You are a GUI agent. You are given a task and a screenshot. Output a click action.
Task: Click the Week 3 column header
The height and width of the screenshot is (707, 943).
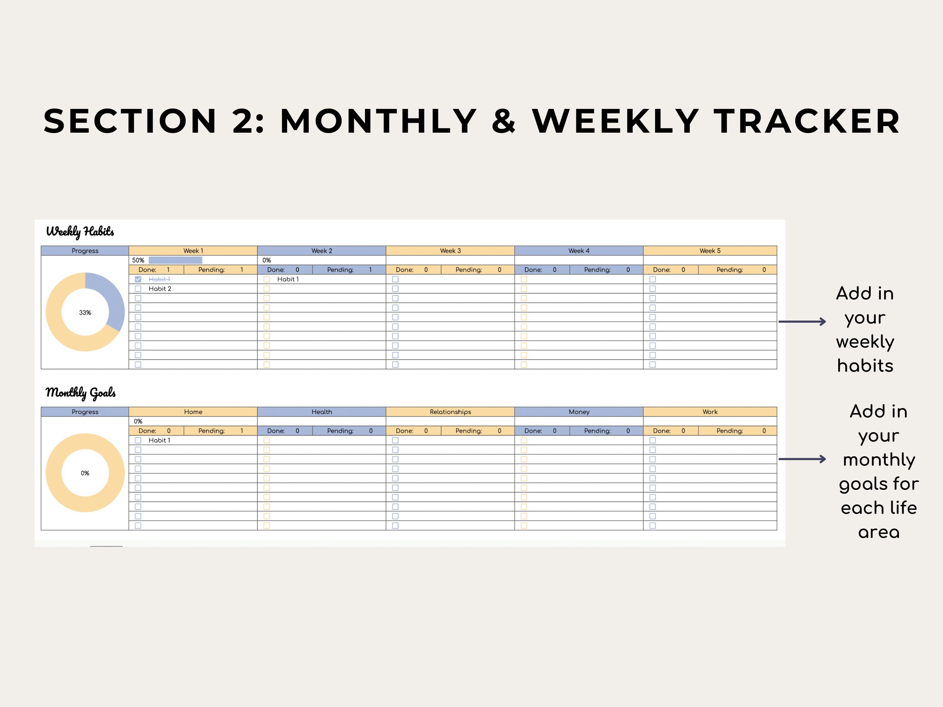(450, 251)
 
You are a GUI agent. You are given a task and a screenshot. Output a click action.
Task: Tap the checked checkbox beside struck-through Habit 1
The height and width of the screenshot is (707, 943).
(138, 279)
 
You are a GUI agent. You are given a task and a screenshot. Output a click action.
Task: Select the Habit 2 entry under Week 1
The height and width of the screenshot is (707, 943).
(160, 288)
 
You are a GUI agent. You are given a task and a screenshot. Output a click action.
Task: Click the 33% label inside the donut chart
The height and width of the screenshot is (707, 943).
(85, 312)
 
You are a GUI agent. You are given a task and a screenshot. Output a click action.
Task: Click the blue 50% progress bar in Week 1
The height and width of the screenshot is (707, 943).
(175, 260)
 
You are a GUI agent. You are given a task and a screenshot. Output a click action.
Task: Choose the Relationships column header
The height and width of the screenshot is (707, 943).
(450, 412)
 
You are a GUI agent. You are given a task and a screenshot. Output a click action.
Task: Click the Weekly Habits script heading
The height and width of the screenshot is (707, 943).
(80, 231)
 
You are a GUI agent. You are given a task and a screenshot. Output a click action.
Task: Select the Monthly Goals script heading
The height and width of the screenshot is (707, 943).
(81, 392)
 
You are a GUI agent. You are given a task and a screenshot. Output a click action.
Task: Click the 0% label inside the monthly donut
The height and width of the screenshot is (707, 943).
(85, 473)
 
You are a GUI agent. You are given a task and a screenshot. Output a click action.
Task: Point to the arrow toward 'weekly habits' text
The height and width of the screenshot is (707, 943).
(802, 322)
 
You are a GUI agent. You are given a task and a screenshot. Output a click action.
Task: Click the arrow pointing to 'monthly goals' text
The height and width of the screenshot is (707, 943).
(802, 459)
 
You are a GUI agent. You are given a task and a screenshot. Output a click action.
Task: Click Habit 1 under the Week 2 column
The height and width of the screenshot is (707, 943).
(288, 279)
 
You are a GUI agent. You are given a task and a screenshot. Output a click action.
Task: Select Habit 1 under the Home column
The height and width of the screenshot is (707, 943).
(160, 440)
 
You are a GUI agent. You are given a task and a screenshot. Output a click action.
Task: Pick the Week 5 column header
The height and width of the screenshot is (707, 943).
(710, 251)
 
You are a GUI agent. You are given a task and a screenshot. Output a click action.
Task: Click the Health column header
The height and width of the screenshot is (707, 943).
(321, 412)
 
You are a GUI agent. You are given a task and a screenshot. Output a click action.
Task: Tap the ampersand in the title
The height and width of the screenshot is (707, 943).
(504, 121)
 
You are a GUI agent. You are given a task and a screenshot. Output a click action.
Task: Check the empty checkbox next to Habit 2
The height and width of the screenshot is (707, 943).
(138, 288)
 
